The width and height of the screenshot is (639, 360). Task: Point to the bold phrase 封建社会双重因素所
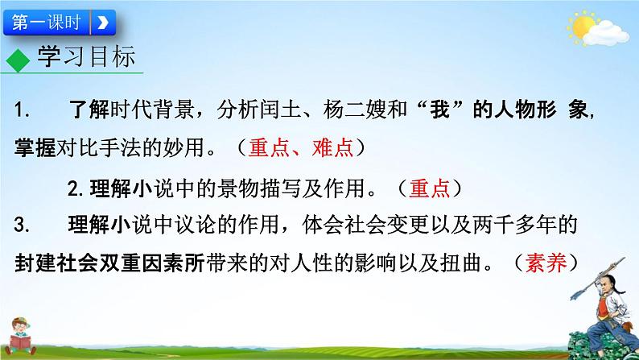[109, 262]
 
